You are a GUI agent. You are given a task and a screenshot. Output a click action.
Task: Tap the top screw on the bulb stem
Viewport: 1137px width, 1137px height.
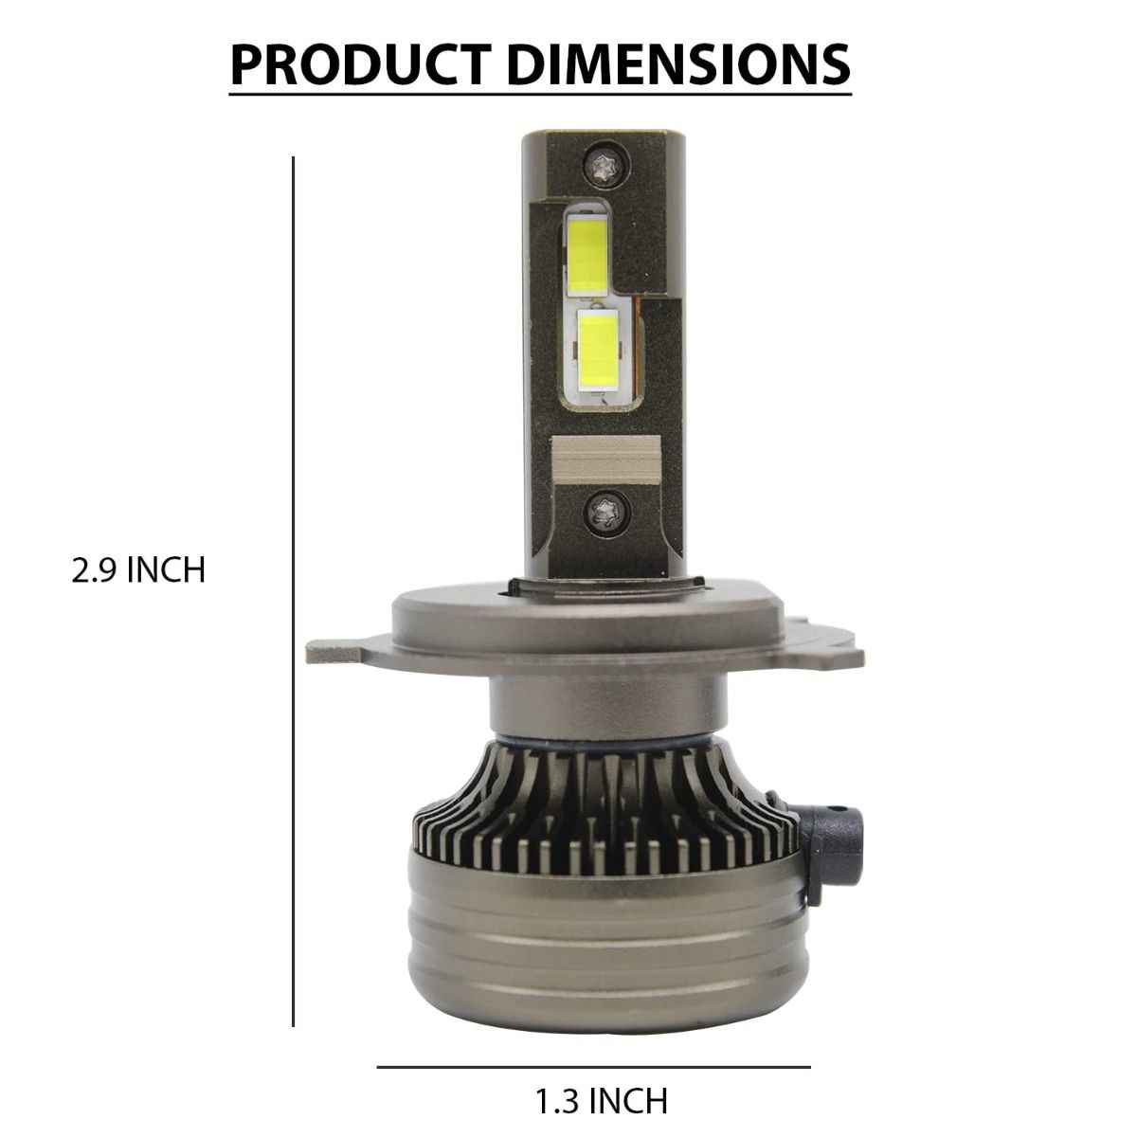click(x=606, y=164)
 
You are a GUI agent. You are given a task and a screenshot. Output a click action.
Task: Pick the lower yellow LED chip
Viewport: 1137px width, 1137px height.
click(x=598, y=348)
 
